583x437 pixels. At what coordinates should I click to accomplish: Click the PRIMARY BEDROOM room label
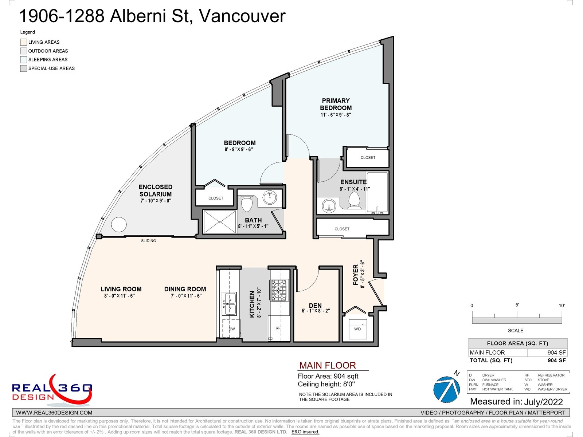[336, 104]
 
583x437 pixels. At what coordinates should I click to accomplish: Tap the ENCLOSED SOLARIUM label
[155, 190]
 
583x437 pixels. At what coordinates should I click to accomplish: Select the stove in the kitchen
[279, 290]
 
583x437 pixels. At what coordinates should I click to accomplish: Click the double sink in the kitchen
[229, 303]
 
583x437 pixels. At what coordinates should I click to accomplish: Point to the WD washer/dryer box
[357, 329]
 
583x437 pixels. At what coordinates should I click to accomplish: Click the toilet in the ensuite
[354, 200]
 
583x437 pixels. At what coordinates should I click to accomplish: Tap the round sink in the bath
[270, 197]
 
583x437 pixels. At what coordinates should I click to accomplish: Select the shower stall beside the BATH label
[219, 222]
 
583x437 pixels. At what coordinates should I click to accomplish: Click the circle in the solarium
[119, 224]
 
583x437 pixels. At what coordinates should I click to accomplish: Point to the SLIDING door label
[148, 241]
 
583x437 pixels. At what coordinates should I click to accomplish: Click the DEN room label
[315, 306]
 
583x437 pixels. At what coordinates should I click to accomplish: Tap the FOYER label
[356, 275]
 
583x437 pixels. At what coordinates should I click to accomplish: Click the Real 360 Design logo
[52, 390]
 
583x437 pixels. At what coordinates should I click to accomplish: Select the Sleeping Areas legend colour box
[24, 59]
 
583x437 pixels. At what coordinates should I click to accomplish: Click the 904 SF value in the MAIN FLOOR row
[556, 353]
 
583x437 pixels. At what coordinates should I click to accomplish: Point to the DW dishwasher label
[232, 329]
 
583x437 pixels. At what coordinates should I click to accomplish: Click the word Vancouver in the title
[242, 16]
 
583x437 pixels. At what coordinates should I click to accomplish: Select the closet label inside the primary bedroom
[368, 157]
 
